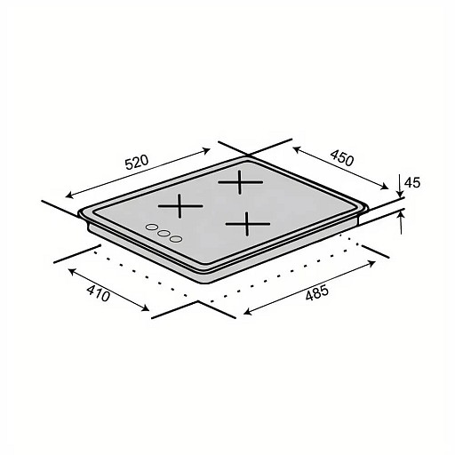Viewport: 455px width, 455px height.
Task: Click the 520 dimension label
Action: click(x=136, y=163)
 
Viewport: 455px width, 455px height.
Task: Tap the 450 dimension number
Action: click(x=342, y=158)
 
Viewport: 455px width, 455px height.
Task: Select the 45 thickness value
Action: click(x=412, y=183)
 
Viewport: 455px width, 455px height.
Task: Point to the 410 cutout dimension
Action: click(x=99, y=293)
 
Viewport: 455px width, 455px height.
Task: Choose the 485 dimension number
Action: click(x=317, y=293)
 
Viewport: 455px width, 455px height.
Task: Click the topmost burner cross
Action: click(x=240, y=182)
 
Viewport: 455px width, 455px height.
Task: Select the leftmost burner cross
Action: click(x=180, y=206)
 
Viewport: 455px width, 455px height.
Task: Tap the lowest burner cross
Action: click(x=248, y=224)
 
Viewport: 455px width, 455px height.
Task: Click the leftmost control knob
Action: click(x=152, y=227)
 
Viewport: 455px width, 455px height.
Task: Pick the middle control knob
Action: click(x=164, y=234)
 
